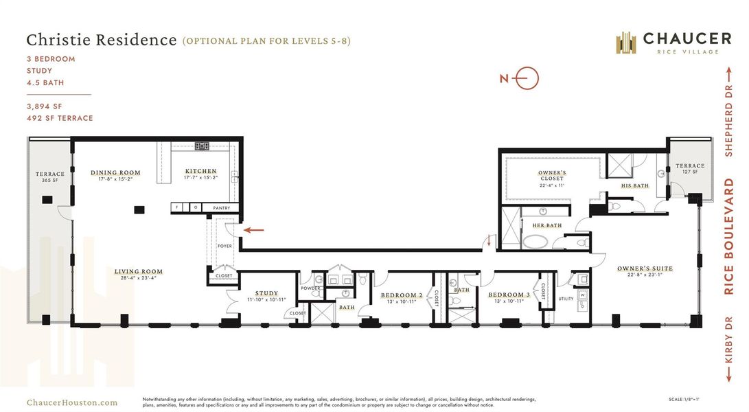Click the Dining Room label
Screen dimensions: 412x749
coord(115,173)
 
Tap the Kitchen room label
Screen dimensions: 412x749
coord(200,172)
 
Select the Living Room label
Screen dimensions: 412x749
coord(139,272)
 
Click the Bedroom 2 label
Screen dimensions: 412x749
coord(401,296)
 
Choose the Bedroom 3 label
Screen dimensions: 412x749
coord(509,295)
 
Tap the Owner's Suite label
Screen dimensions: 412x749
coord(645,268)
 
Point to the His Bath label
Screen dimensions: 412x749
coord(634,185)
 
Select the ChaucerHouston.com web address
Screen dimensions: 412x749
coord(71,403)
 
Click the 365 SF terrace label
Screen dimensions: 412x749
coord(50,178)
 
